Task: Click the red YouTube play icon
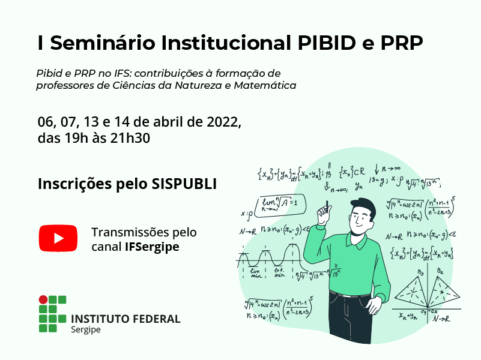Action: pyautogui.click(x=58, y=238)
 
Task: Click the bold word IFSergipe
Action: pyautogui.click(x=152, y=247)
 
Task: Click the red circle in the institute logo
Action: pyautogui.click(x=43, y=299)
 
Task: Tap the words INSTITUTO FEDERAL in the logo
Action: pyautogui.click(x=126, y=319)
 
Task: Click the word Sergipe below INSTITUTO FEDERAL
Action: pyautogui.click(x=86, y=331)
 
